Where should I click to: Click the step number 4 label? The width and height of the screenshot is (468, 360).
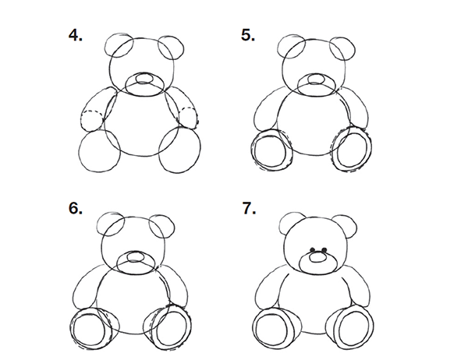tap(75, 35)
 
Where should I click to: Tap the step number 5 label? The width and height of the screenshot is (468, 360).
tap(248, 35)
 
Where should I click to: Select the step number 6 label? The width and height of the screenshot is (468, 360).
tap(75, 208)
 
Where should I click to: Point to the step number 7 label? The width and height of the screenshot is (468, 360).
tap(249, 208)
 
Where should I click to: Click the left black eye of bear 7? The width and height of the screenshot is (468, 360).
tap(313, 249)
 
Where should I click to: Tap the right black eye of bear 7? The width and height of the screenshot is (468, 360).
tap(324, 249)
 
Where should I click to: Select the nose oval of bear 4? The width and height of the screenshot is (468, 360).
tap(144, 78)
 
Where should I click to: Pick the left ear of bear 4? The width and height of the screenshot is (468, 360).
tap(119, 46)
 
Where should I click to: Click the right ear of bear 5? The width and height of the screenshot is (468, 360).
tap(342, 48)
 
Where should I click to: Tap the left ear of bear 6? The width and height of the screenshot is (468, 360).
tap(111, 224)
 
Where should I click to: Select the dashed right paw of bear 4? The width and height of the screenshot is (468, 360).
tap(188, 118)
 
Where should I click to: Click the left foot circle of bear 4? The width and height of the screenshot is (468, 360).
tap(100, 152)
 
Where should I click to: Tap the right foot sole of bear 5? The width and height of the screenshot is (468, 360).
tap(353, 150)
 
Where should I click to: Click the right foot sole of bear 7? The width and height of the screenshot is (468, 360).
tap(353, 330)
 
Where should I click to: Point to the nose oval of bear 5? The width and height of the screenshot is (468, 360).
tap(315, 79)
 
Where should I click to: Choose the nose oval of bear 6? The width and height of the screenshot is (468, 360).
tap(136, 257)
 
